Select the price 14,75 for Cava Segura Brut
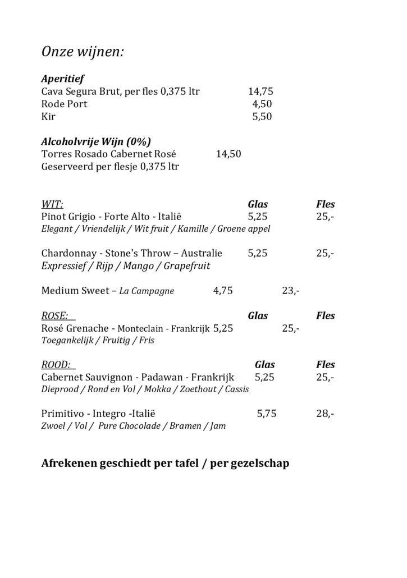pyautogui.click(x=260, y=91)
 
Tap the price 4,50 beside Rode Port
pyautogui.click(x=262, y=104)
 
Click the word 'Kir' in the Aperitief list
pyautogui.click(x=48, y=117)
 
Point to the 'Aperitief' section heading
pyautogui.click(x=62, y=79)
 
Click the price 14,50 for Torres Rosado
pyautogui.click(x=228, y=154)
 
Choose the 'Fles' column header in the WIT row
pyautogui.click(x=326, y=204)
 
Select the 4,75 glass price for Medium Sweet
pyautogui.click(x=223, y=291)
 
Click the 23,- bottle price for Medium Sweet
pyautogui.click(x=291, y=291)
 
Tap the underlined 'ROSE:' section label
pyautogui.click(x=56, y=315)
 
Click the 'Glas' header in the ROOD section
pyautogui.click(x=265, y=365)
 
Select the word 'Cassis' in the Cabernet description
pyautogui.click(x=237, y=389)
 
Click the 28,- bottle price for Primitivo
pyautogui.click(x=325, y=414)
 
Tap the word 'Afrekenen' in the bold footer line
pyautogui.click(x=69, y=464)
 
